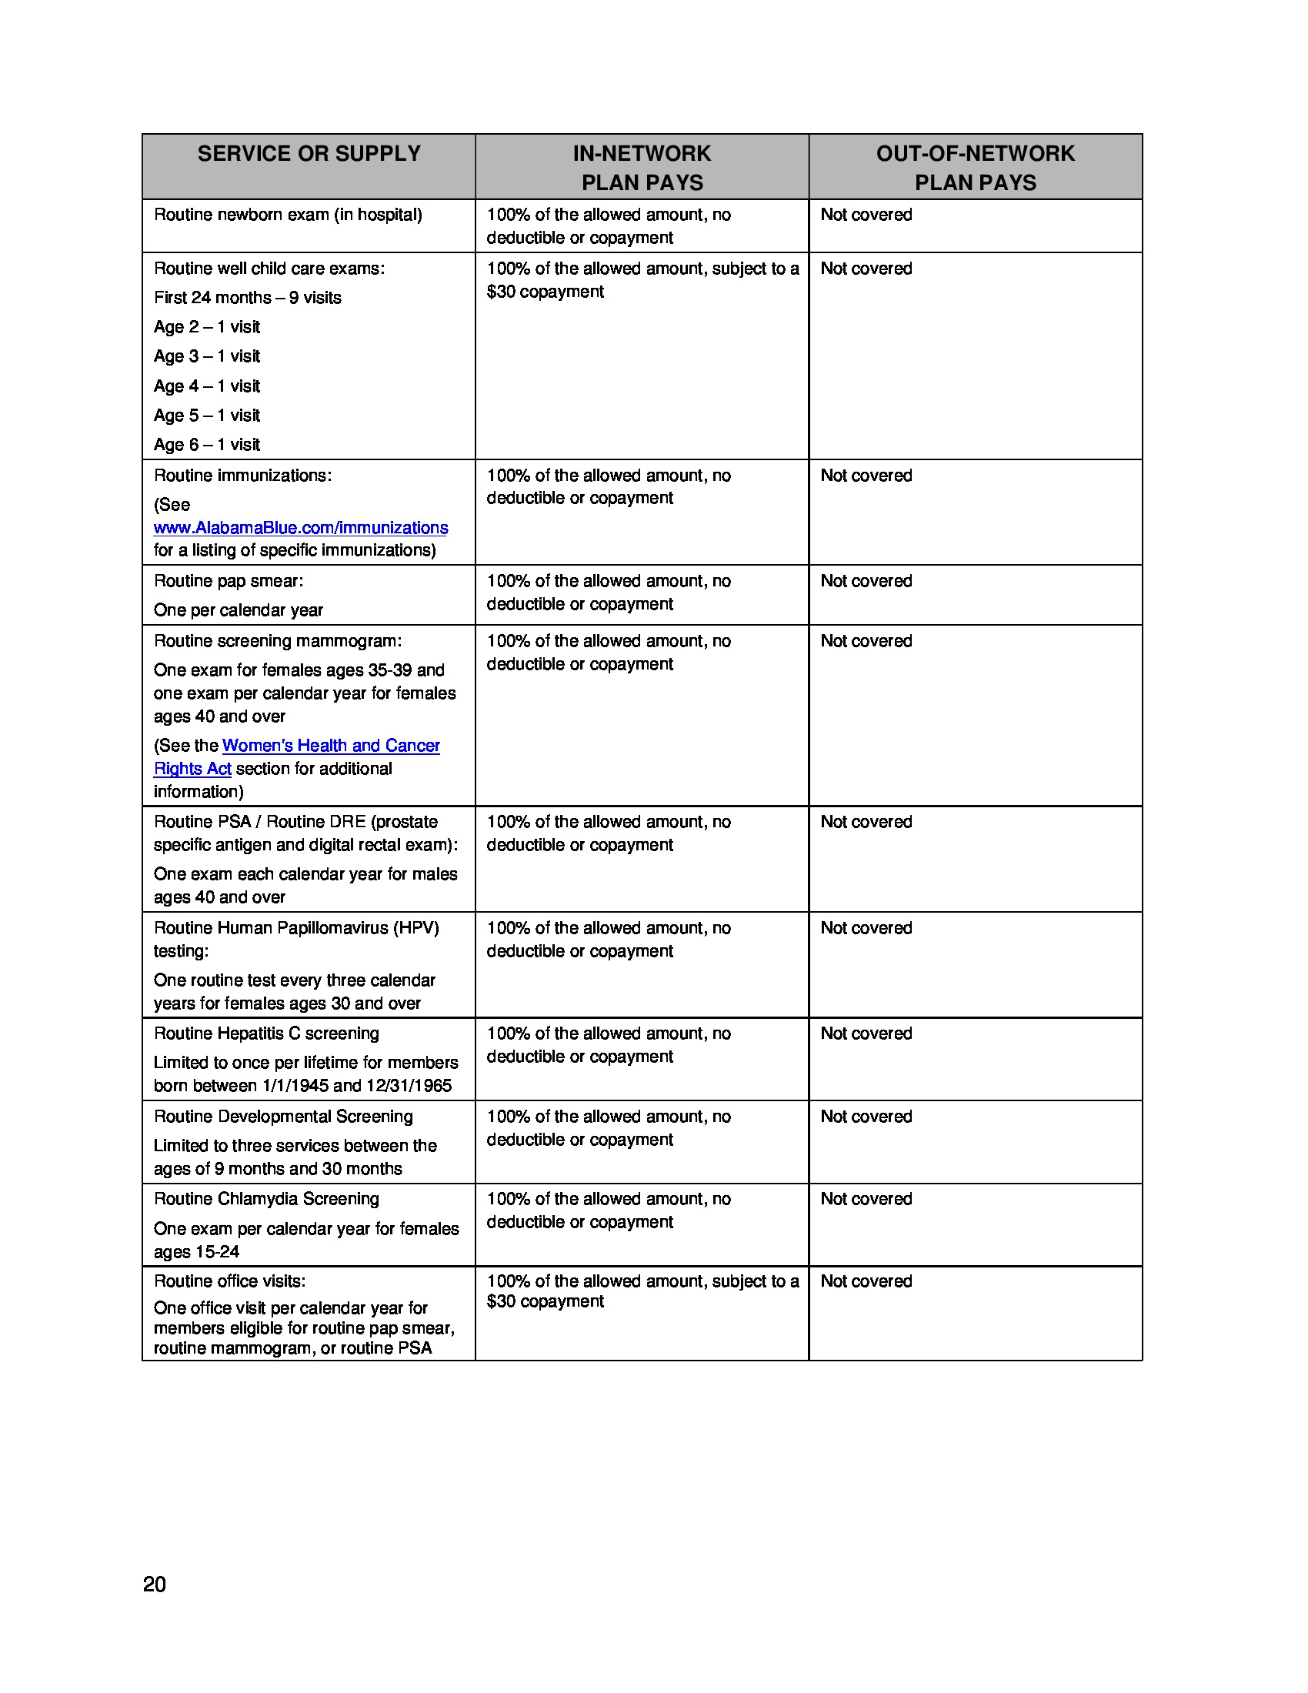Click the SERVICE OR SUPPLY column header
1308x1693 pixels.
tap(309, 153)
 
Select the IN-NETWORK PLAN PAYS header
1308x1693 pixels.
tap(642, 168)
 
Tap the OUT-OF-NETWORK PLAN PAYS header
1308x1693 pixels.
tap(975, 168)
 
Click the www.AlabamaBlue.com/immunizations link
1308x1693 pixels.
tap(301, 528)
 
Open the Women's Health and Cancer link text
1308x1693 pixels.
tap(331, 746)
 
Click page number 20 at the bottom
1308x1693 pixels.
tap(154, 1584)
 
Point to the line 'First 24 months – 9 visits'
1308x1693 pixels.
tap(247, 298)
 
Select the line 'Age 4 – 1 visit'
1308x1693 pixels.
tap(207, 386)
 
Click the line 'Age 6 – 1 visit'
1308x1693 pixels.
tap(207, 445)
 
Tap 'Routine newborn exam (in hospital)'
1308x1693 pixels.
tap(288, 215)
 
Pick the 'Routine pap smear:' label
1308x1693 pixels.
tap(229, 581)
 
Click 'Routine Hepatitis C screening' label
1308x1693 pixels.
tap(266, 1033)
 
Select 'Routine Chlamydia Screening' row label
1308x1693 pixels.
tap(266, 1199)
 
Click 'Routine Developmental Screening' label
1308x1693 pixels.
tap(283, 1117)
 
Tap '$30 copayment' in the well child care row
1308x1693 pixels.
tap(545, 292)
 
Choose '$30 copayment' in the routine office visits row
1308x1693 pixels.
tap(545, 1301)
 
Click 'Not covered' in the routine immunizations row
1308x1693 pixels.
tap(866, 475)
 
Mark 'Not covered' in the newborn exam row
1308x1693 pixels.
tap(866, 215)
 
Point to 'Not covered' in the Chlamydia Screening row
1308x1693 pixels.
tap(866, 1199)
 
